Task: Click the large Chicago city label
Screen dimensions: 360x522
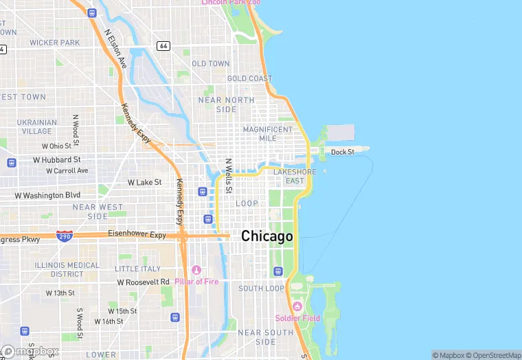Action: point(266,236)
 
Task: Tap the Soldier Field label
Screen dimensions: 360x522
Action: point(297,318)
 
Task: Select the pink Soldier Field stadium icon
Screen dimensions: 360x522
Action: point(297,306)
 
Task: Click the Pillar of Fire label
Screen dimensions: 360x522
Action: point(197,282)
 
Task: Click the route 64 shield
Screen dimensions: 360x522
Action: point(163,46)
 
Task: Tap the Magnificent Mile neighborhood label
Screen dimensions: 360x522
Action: point(267,133)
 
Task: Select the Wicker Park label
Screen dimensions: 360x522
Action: point(55,43)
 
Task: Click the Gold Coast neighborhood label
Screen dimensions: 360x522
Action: point(249,79)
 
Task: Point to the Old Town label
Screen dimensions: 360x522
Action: point(211,64)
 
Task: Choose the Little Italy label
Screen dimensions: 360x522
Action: point(137,269)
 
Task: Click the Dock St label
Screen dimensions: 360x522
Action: point(342,153)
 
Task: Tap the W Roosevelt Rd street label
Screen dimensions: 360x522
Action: point(143,282)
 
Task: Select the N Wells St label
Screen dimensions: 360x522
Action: point(229,176)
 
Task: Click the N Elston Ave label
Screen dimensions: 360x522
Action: point(115,49)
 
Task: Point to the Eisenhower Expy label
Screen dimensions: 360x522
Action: point(137,234)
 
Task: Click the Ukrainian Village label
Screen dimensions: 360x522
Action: point(36,126)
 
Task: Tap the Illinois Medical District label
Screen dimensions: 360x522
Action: point(67,269)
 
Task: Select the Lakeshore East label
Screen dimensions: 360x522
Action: point(294,177)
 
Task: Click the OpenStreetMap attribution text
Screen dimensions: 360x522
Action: point(494,355)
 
